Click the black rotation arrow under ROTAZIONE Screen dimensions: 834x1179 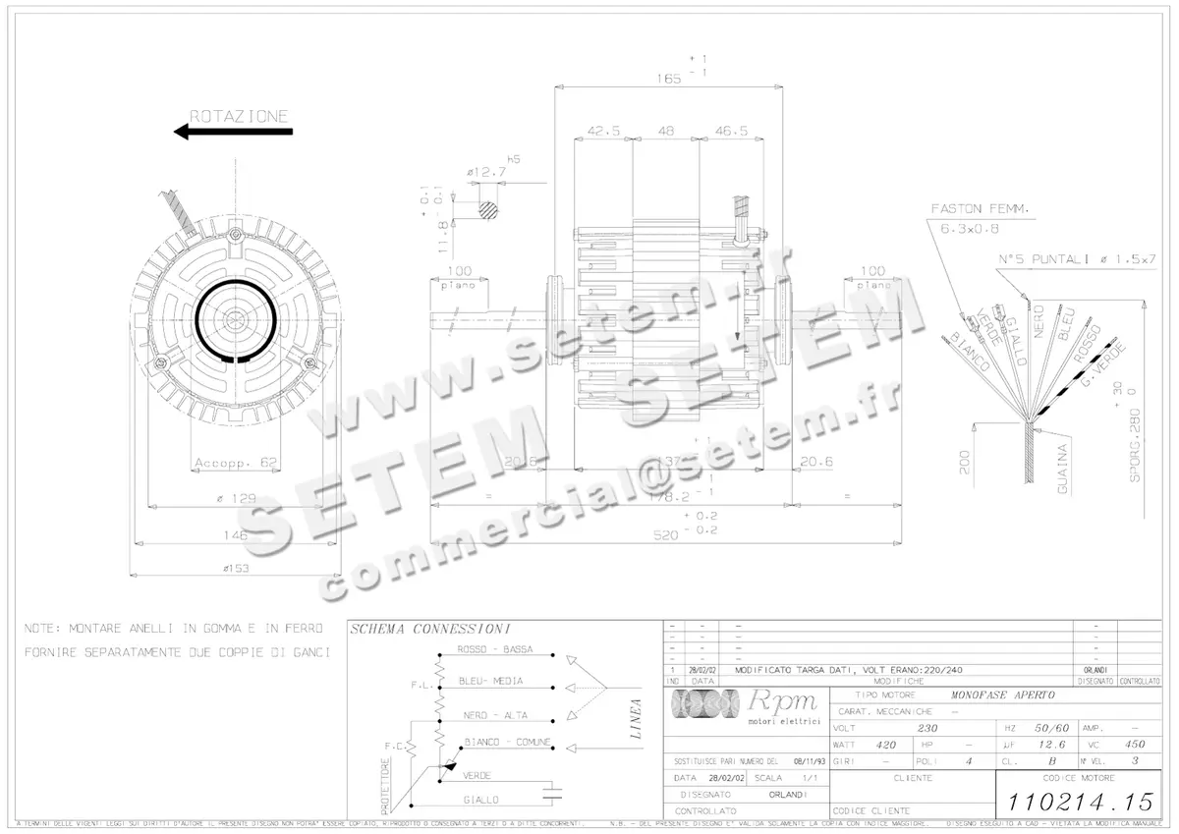[x=232, y=131]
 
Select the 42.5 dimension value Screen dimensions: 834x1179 [x=603, y=131]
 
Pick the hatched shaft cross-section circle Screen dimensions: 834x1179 [x=488, y=208]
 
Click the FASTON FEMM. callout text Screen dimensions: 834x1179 [x=979, y=208]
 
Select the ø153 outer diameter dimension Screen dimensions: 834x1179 [x=235, y=568]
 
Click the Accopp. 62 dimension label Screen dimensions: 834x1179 [x=237, y=463]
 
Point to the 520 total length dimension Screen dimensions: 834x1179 [x=668, y=536]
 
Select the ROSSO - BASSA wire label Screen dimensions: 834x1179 [x=495, y=650]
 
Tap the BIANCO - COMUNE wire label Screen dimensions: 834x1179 [x=506, y=742]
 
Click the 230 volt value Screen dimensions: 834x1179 [x=926, y=728]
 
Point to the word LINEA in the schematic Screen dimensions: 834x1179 [x=636, y=718]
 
